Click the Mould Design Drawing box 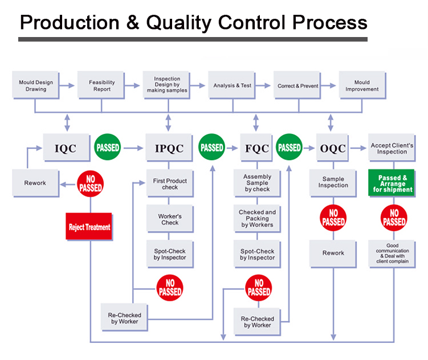point(36,85)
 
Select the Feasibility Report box point(101,85)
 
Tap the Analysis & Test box point(232,85)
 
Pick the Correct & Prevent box point(297,85)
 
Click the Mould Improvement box point(362,85)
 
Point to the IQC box point(67,148)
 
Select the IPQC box point(169,148)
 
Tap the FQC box point(256,148)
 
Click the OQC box point(333,148)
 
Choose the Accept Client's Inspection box point(392,148)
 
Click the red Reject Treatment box point(89,227)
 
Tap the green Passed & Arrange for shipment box point(392,183)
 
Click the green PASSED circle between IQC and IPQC point(108,147)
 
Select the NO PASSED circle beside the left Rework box point(91,184)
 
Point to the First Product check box point(170,183)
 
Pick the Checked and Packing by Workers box point(257,219)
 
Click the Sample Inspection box point(333,183)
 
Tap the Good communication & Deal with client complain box point(392,253)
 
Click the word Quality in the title point(178,23)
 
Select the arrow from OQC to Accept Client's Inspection point(358,148)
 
